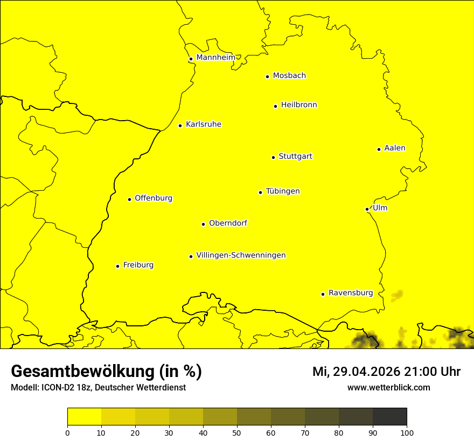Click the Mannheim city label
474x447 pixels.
click(215, 58)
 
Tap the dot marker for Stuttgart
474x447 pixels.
click(273, 157)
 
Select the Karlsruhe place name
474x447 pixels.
click(203, 124)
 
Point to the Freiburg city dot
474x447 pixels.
click(117, 266)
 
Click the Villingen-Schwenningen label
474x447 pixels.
click(241, 255)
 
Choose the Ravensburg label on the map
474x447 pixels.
click(350, 293)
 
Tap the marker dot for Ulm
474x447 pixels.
click(367, 209)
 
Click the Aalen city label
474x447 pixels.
click(394, 148)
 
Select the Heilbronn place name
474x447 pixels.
click(298, 105)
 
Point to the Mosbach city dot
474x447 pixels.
click(267, 76)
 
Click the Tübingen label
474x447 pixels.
click(282, 191)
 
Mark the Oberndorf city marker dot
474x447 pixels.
click(203, 224)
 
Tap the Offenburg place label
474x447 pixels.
click(153, 198)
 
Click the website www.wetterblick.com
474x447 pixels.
click(388, 387)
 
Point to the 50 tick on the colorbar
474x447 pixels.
click(237, 432)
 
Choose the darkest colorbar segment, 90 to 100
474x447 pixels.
click(389, 417)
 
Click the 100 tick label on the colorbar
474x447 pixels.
click(407, 432)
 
